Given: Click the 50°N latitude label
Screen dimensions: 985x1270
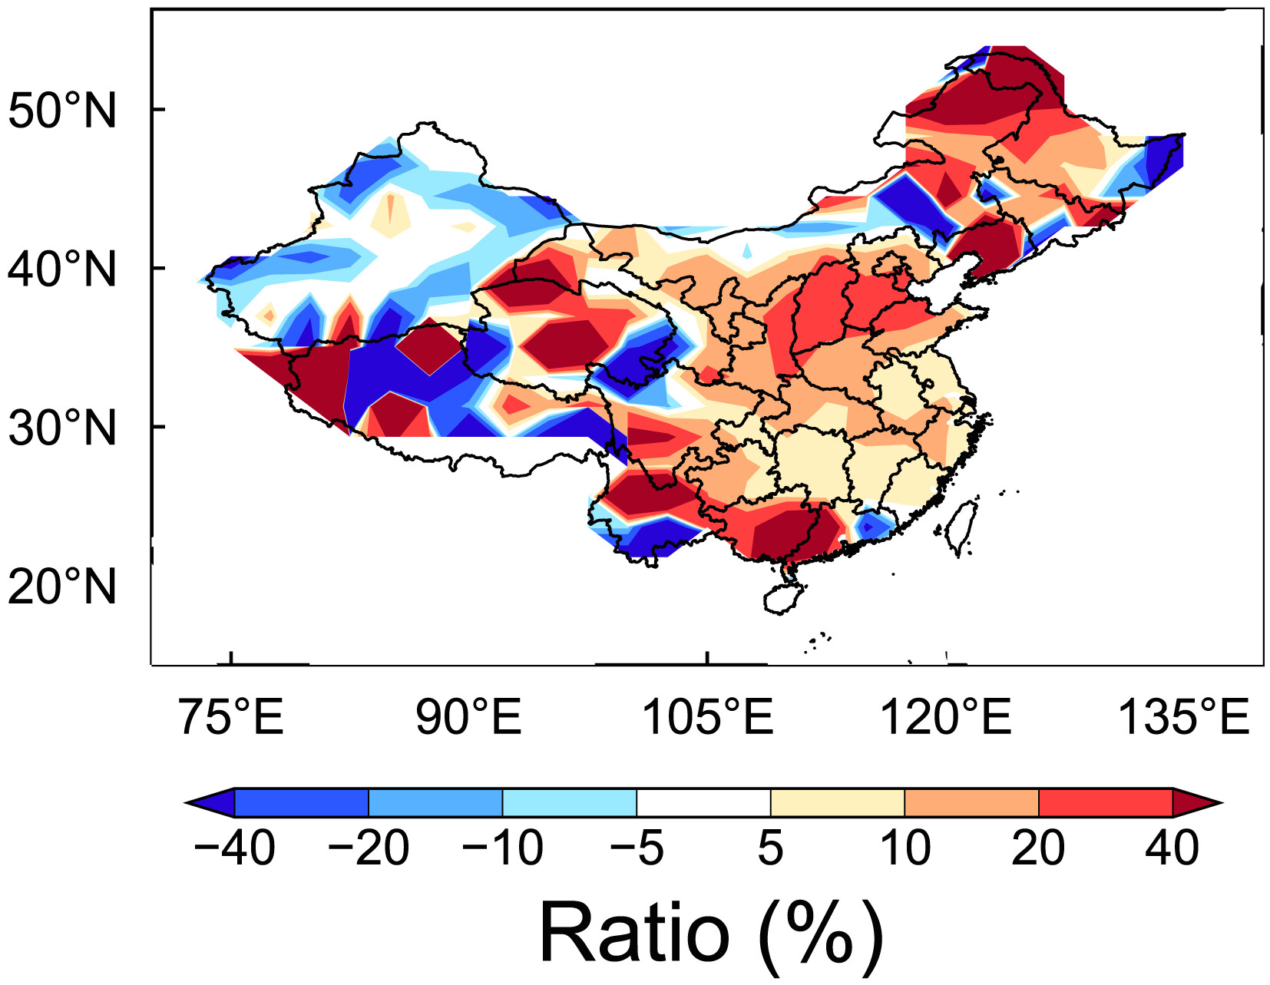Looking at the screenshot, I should [61, 111].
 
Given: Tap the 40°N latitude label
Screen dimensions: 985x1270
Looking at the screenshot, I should [61, 270].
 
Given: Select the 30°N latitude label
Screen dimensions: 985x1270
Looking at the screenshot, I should [61, 428].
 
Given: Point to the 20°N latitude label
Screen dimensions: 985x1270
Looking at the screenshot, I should [61, 587].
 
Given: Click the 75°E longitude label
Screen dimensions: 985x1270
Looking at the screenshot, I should [230, 717].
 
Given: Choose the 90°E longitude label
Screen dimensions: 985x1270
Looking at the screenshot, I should [468, 717].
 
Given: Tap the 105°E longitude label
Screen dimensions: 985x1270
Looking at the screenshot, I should [706, 717].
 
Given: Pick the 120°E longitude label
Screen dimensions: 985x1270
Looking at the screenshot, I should [944, 717].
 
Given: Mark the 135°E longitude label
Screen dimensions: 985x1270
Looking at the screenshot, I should [1182, 717].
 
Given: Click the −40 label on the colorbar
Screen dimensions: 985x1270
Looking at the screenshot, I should [234, 849].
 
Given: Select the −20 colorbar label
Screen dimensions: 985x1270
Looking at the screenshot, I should [369, 849].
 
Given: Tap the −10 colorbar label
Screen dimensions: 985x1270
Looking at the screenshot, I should [502, 849].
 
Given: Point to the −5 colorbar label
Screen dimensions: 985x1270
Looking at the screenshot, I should [636, 849].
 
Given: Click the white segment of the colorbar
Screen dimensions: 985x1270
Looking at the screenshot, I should [703, 803].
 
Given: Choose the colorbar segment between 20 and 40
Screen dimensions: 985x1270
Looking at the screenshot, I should [1105, 803].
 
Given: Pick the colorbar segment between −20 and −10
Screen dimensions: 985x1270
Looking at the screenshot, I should [435, 803].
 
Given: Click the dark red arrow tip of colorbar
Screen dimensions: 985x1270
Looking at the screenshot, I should [1194, 803].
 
